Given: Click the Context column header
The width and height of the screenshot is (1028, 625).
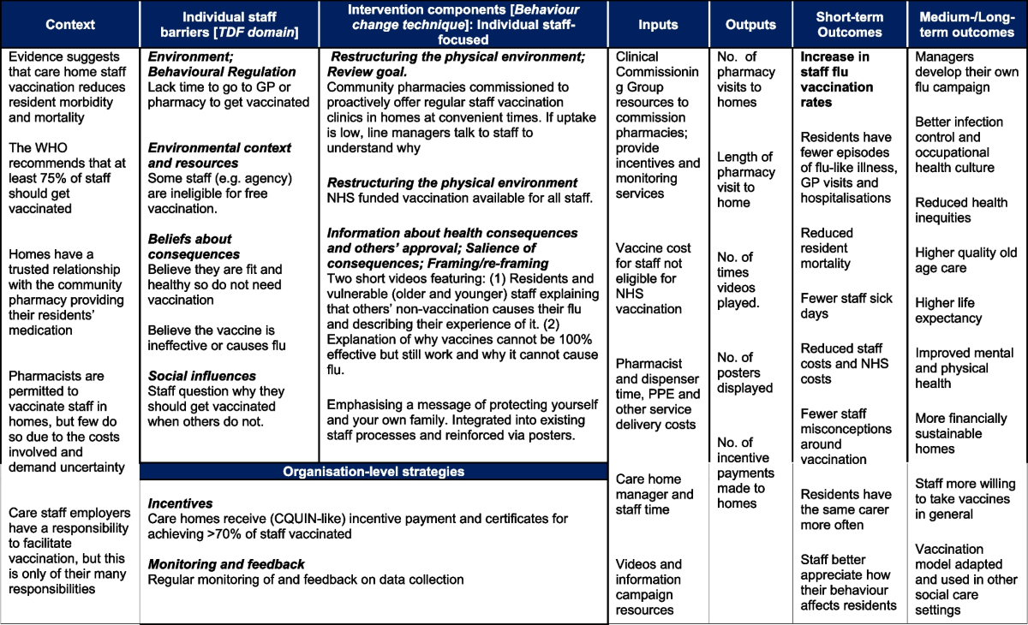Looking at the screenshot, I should coord(69,25).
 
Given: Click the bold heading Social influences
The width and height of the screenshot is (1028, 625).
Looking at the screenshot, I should coord(201,376).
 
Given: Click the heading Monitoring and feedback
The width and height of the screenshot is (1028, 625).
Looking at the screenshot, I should coord(226,564).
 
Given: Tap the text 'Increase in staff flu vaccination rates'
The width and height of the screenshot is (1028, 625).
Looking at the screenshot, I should coord(837,80).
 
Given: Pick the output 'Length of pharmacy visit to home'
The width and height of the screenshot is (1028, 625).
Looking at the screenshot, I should coord(744,180).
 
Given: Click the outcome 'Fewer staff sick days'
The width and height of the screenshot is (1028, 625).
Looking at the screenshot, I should coord(846,306).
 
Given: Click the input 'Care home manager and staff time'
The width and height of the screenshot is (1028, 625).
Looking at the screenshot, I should coord(654,502).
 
